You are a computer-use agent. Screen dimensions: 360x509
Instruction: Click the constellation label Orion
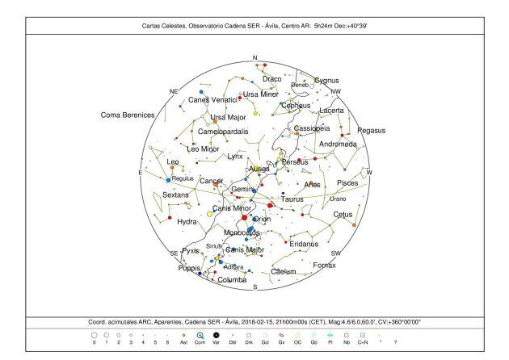[x=263, y=219]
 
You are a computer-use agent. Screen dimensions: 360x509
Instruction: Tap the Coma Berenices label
[x=127, y=115]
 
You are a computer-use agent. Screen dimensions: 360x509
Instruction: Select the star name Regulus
[x=183, y=178]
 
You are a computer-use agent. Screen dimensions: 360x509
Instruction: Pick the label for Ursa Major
[x=228, y=117]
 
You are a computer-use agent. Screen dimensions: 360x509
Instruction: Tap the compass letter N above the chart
[x=255, y=58]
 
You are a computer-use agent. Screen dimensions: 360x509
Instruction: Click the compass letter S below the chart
[x=255, y=287]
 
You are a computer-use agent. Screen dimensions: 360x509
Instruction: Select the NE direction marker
[x=173, y=91]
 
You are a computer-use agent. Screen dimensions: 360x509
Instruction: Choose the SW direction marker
[x=337, y=253]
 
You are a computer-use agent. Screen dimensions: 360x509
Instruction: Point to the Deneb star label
[x=300, y=85]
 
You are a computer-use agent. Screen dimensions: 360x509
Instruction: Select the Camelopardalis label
[x=221, y=131]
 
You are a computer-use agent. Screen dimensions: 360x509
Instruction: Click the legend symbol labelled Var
[x=216, y=334]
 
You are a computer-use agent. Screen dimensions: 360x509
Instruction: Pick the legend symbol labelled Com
[x=200, y=334]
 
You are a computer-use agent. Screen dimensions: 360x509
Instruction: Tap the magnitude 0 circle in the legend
[x=94, y=334]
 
